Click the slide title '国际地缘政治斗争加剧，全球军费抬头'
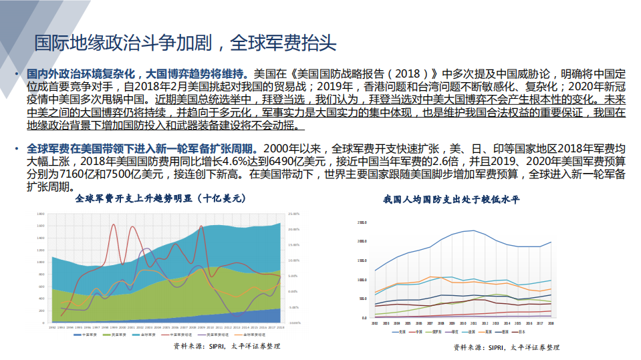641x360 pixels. pyautogui.click(x=185, y=43)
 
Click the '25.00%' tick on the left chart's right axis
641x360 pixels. pyautogui.click(x=294, y=214)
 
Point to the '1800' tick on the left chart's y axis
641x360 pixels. pyautogui.click(x=41, y=214)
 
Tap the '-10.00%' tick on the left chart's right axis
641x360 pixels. pyautogui.click(x=295, y=323)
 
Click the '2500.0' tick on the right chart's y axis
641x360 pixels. pyautogui.click(x=362, y=222)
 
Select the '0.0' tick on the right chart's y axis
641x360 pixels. pyautogui.click(x=364, y=319)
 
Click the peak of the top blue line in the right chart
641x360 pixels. pyautogui.click(x=474, y=230)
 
